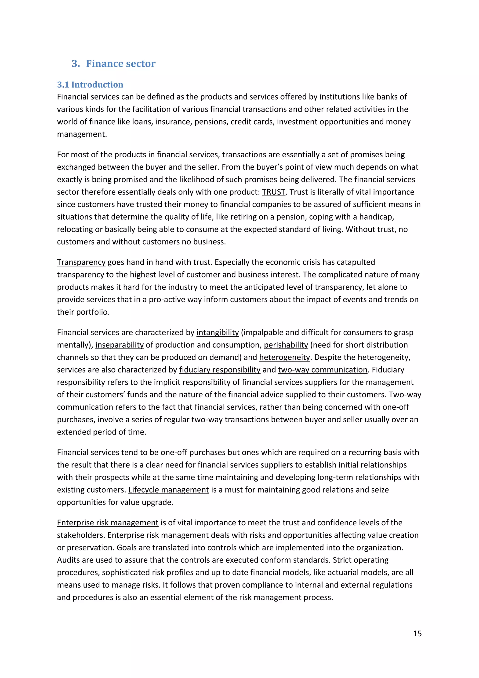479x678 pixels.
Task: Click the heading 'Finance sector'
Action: [x=121, y=63]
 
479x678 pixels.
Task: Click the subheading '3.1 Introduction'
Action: [x=90, y=85]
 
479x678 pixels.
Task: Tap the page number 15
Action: [x=417, y=634]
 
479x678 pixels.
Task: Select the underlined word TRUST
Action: [x=273, y=192]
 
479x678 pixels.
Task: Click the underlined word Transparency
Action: [x=81, y=262]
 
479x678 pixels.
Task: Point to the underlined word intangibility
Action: [x=218, y=332]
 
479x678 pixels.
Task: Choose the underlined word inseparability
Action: [x=120, y=345]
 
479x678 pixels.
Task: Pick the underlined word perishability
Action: [x=286, y=345]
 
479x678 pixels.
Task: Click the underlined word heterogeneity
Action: [x=285, y=357]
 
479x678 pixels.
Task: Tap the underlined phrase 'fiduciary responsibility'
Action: [x=220, y=370]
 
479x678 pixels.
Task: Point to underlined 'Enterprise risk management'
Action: [x=108, y=523]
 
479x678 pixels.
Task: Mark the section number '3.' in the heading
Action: [x=76, y=63]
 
